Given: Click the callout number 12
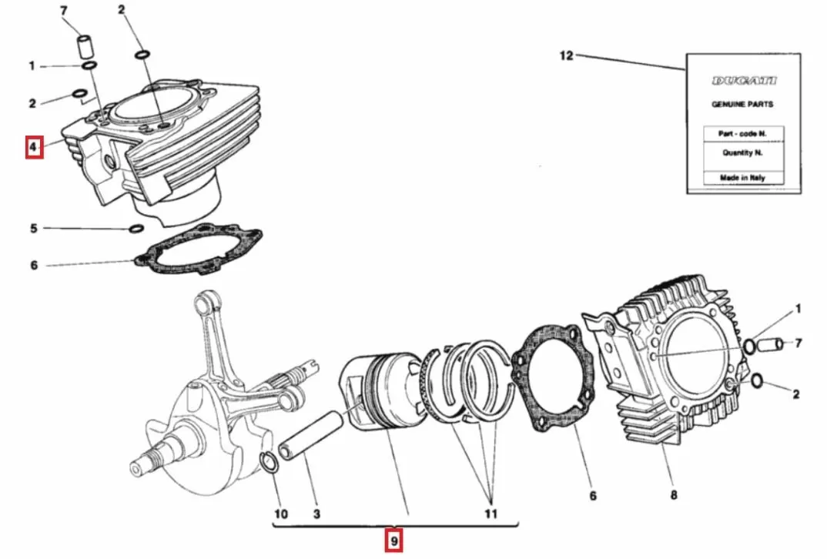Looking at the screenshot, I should point(566,55).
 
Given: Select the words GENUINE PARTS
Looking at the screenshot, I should point(742,104).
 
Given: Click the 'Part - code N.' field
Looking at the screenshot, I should point(742,133).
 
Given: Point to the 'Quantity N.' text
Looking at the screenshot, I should point(742,152).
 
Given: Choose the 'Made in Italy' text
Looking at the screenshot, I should point(742,178).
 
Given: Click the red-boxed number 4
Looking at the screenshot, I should point(34,146).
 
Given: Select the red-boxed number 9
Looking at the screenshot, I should point(393,541).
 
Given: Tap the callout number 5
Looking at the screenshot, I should point(34,229).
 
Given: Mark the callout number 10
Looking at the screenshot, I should point(280,514).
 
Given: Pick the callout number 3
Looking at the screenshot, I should point(316,514).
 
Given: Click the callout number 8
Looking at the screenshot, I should point(674,495).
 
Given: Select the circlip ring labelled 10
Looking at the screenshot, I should point(269,464).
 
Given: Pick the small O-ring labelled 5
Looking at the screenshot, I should point(136,229).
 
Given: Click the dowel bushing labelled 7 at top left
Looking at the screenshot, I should point(84,45).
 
